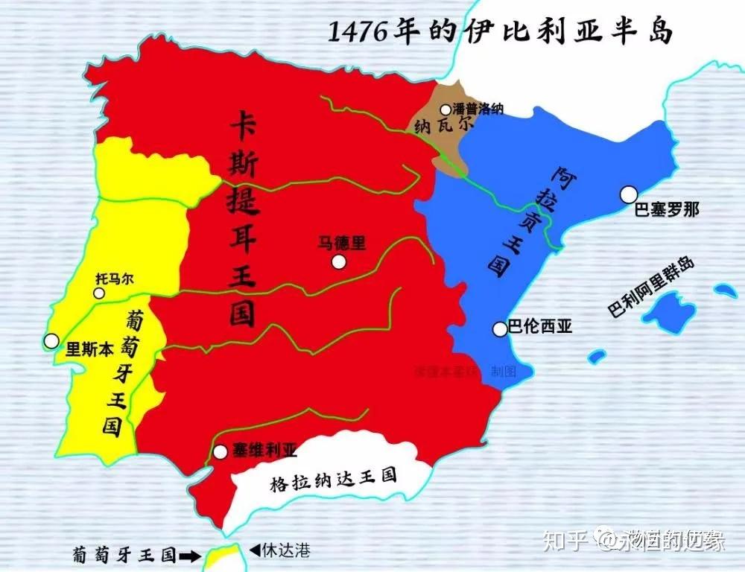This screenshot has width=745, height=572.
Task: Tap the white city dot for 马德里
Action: pos(340,261)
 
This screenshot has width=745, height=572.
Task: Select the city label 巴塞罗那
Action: pos(667,209)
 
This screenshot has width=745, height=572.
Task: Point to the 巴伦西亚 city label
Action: pos(540,326)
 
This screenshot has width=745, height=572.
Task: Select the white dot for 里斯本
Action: pos(51,341)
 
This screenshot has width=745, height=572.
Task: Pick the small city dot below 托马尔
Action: pos(99,293)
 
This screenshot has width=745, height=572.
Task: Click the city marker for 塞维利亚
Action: pos(220,451)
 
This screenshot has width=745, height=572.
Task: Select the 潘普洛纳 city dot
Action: pos(446,109)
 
